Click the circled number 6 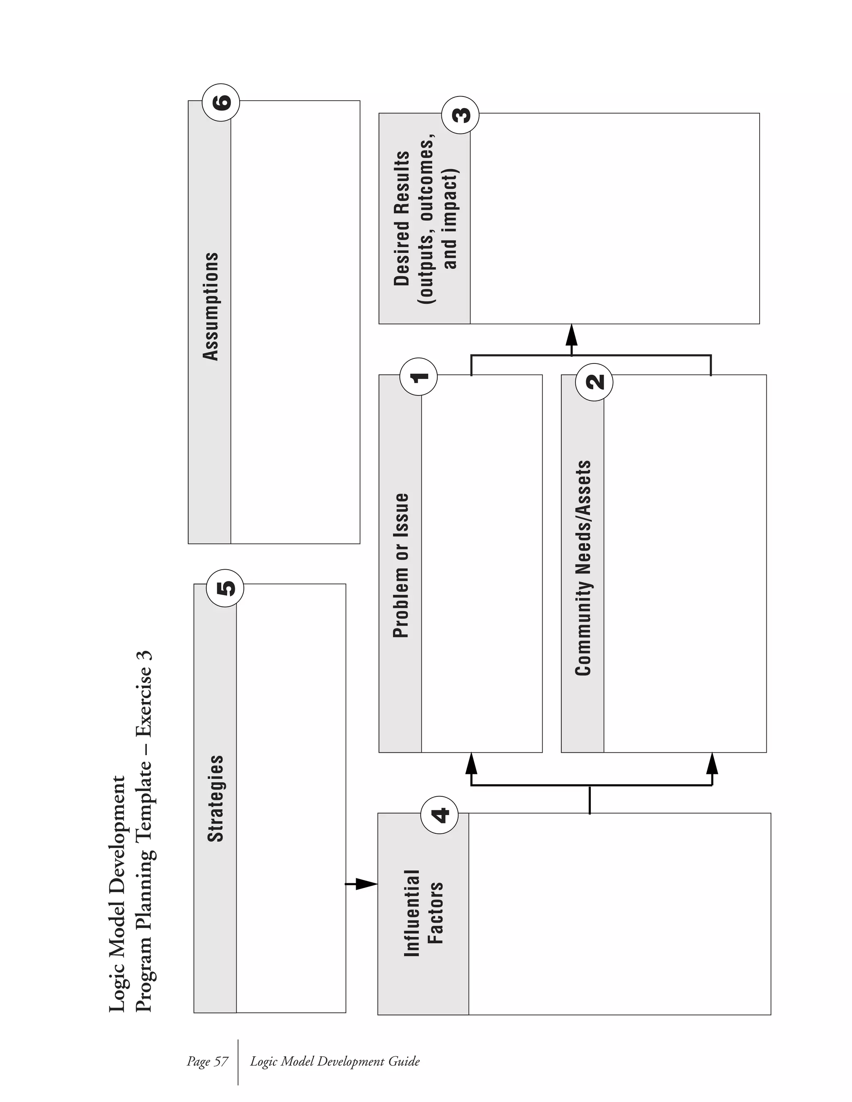pos(220,101)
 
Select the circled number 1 pos(419,376)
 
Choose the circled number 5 pos(225,588)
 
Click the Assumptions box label pos(211,307)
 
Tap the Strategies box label pos(215,798)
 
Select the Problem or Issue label pos(401,565)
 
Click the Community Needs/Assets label pos(583,568)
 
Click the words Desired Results pos(402,218)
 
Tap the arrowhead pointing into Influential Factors pos(367,884)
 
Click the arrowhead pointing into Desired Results pos(571,334)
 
